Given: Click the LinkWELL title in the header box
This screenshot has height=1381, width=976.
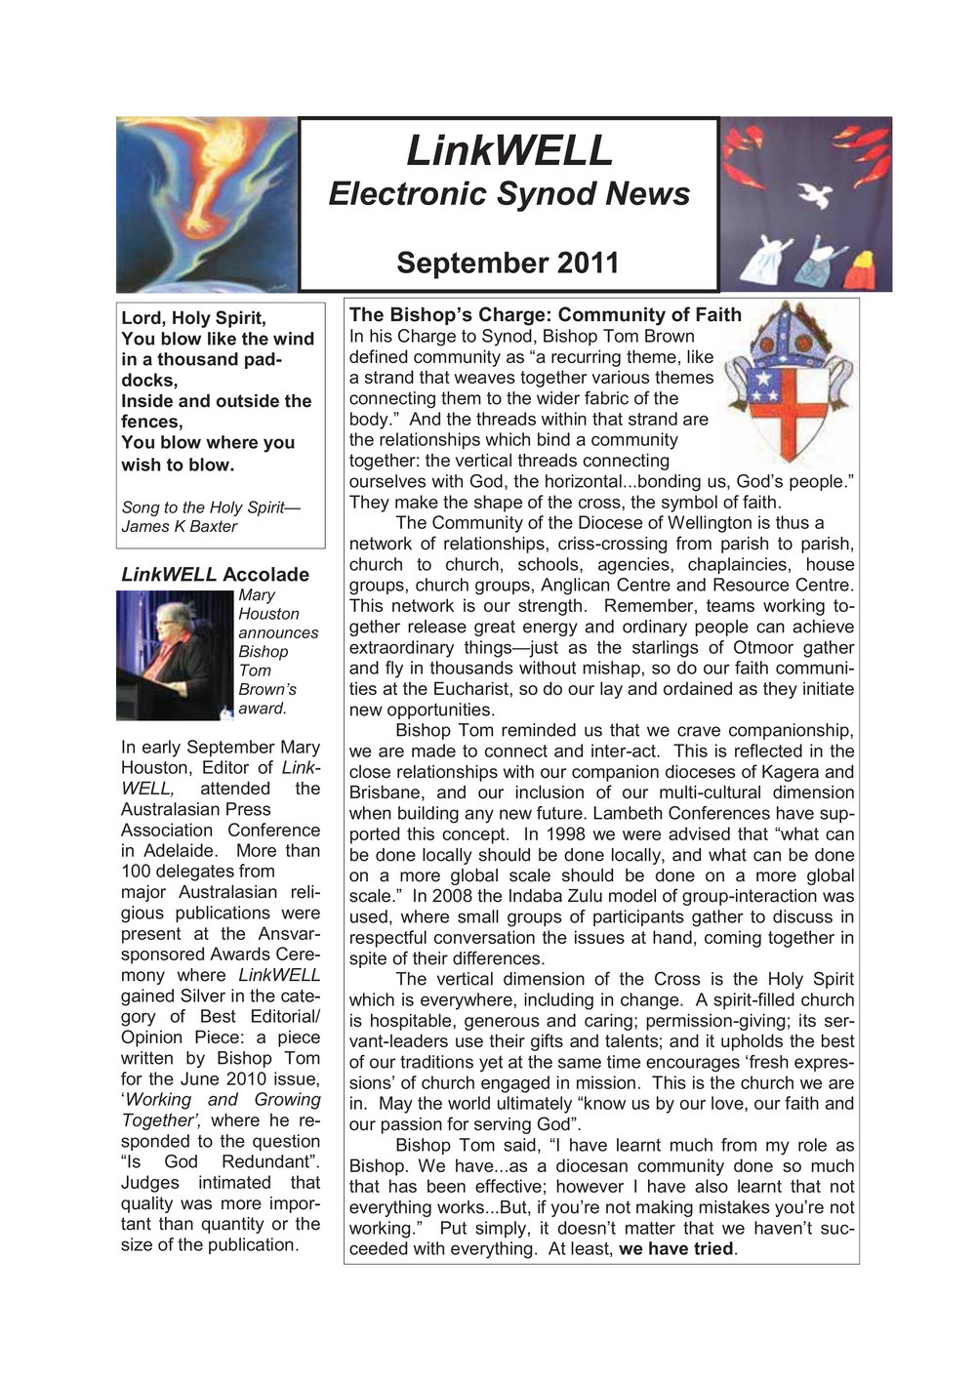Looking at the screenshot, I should click(508, 150).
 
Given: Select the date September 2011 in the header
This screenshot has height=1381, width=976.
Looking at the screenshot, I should click(508, 263).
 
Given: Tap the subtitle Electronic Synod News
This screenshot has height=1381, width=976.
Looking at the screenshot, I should click(508, 193).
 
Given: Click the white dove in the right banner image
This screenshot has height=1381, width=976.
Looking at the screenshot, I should click(814, 194).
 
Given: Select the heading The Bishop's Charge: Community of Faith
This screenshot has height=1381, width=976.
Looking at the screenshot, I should click(545, 314).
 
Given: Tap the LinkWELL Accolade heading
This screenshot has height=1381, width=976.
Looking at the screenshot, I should click(215, 574).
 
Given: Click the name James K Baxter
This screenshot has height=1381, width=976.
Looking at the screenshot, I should click(180, 526).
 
